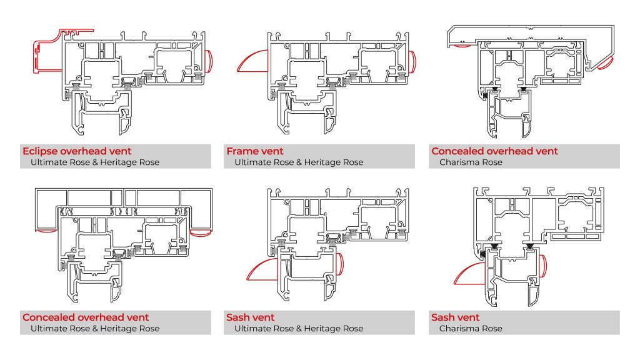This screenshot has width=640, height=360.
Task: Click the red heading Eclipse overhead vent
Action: click(x=77, y=151)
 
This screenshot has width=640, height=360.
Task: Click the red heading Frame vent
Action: click(x=254, y=151)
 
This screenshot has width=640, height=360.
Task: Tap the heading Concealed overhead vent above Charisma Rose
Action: click(x=494, y=151)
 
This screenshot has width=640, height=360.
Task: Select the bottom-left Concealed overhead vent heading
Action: click(x=86, y=317)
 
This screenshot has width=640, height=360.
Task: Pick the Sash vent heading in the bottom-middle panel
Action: click(x=250, y=317)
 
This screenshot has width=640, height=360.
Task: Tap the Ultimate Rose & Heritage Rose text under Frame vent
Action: click(x=298, y=162)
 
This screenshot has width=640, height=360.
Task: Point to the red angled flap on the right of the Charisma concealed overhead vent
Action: click(x=605, y=61)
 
